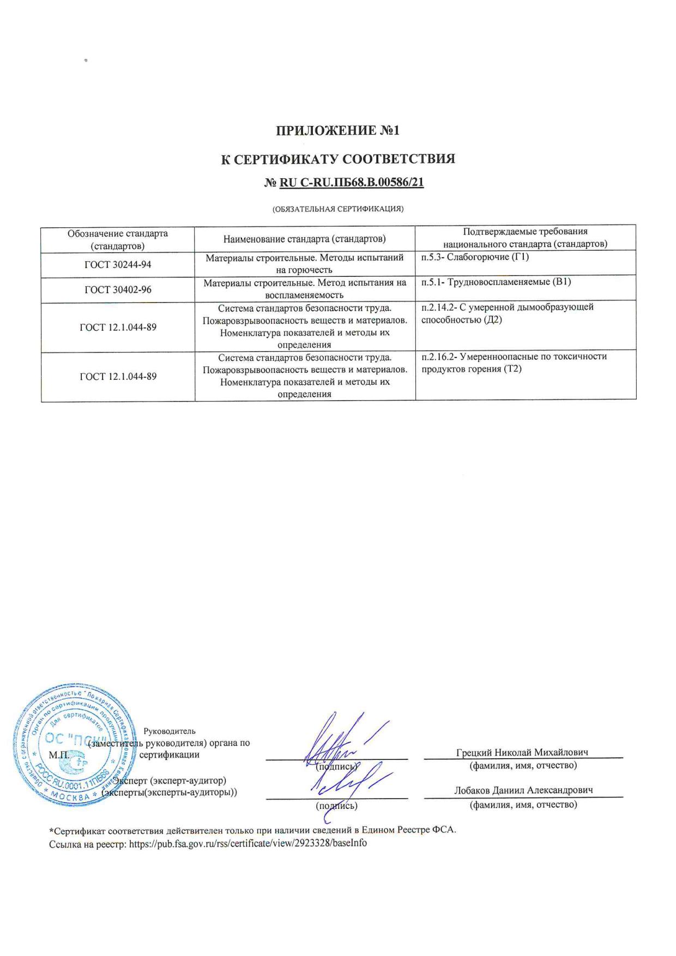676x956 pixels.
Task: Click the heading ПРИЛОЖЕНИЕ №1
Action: tap(338, 131)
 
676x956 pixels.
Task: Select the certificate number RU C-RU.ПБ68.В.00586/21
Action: tap(351, 183)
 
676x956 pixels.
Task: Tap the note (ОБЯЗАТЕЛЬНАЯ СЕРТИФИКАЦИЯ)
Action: tap(338, 209)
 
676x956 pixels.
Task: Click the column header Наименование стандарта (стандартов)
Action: tap(305, 239)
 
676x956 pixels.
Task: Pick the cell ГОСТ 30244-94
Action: tap(118, 264)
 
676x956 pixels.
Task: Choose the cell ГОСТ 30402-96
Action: tap(118, 289)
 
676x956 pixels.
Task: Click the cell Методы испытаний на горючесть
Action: tap(305, 264)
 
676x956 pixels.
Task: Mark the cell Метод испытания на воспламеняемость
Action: tap(305, 289)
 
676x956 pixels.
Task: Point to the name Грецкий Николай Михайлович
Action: tap(522, 752)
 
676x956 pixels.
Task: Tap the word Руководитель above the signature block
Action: tap(169, 731)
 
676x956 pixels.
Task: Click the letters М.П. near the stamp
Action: tap(58, 755)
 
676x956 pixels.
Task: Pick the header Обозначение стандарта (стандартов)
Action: tap(118, 239)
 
